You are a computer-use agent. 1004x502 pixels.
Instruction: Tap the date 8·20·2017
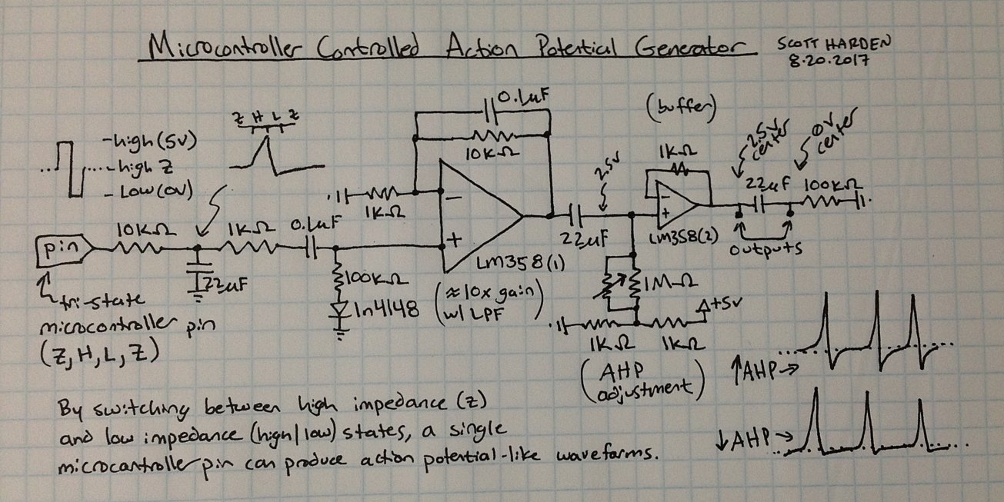(826, 62)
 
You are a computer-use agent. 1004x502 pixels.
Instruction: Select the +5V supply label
(721, 305)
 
